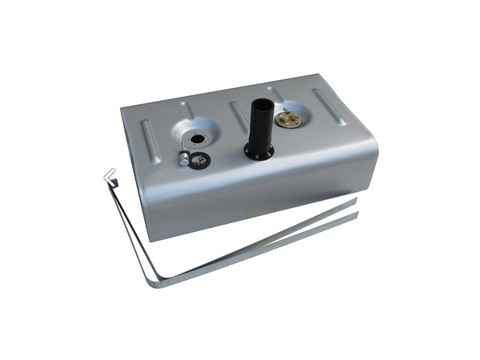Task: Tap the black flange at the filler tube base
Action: point(258,152)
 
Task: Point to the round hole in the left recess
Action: point(195,138)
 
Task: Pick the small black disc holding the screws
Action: point(201,160)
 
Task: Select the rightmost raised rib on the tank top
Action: point(329,105)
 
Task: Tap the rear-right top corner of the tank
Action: point(319,76)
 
